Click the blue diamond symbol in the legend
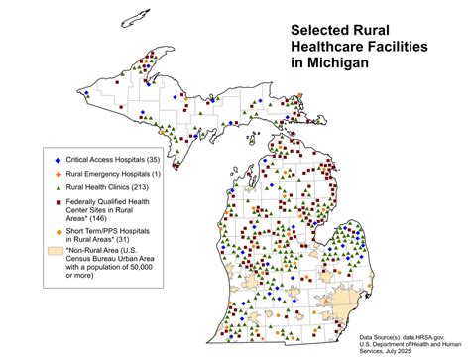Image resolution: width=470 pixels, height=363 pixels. [x=58, y=160]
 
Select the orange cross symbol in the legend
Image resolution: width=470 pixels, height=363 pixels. [x=58, y=174]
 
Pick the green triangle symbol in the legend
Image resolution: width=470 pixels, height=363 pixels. [x=58, y=187]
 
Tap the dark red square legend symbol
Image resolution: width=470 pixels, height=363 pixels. [x=58, y=201]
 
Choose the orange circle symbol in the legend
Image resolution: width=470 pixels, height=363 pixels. [x=58, y=232]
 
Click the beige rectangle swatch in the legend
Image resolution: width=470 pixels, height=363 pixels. [x=57, y=250]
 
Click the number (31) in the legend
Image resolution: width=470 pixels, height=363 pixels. [x=125, y=240]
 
